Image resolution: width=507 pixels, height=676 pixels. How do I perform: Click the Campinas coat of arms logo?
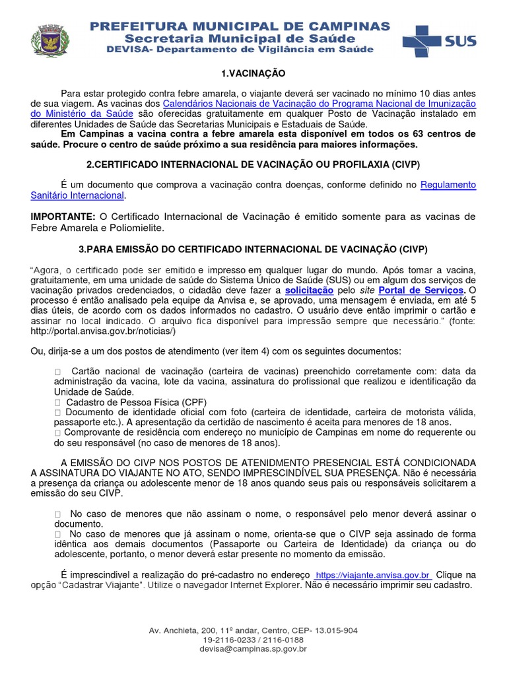[45, 40]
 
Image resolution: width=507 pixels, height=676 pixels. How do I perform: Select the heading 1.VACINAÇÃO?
[253, 73]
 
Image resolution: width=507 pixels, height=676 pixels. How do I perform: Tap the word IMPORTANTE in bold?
[63, 217]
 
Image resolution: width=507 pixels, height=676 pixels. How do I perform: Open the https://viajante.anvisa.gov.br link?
[373, 575]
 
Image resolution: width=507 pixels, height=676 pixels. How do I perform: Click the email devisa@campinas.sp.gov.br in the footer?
[253, 649]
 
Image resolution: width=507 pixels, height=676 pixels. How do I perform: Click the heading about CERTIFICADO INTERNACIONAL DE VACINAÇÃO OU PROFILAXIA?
[253, 163]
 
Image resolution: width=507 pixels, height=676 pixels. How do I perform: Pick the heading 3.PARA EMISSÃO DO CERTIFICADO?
[253, 249]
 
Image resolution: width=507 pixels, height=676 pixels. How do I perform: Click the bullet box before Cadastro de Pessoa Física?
[57, 402]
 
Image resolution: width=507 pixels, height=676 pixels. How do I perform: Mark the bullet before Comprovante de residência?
[57, 432]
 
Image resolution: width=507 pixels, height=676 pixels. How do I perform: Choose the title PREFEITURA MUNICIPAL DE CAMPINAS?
[240, 26]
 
